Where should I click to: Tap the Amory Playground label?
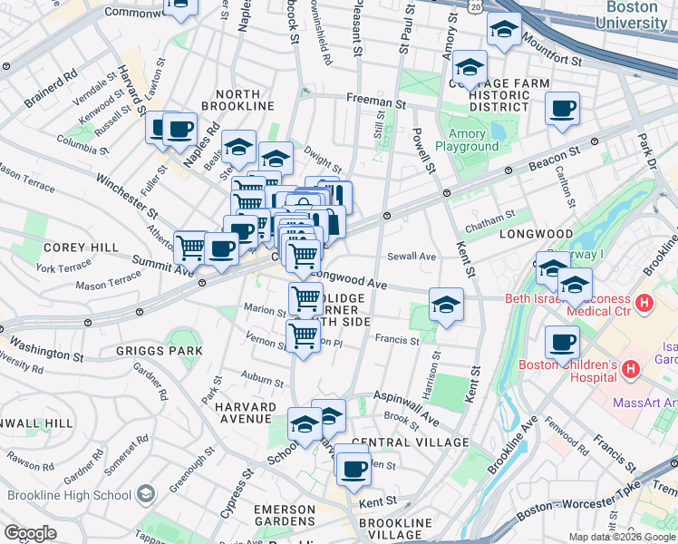[467, 139]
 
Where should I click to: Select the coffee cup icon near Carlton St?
[563, 109]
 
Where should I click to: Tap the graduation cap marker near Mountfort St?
[504, 30]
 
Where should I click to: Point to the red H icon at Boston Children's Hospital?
[632, 370]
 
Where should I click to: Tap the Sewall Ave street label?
[412, 257]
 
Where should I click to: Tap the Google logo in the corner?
[30, 533]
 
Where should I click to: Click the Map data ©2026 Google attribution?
[622, 537]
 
